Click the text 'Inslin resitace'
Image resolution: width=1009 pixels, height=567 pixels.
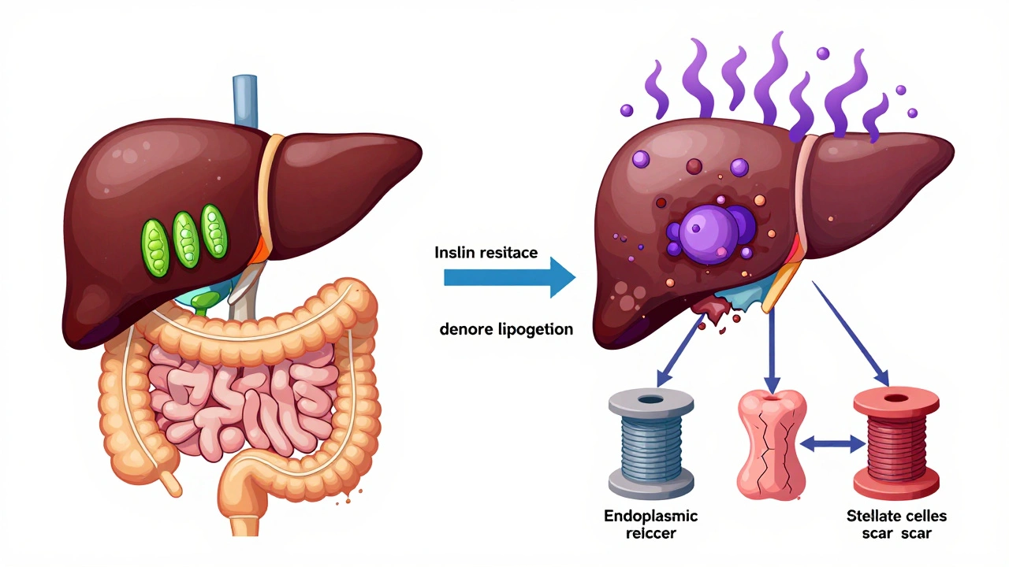pos(486,253)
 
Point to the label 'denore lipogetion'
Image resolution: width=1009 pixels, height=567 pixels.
pos(505,329)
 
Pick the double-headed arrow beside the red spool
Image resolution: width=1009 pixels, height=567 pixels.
pos(832,445)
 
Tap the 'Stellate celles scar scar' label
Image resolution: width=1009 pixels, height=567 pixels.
pos(896,525)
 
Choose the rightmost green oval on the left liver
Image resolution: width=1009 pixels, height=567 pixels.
pos(214,229)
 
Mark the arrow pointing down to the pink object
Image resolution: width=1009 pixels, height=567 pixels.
pos(773,346)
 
